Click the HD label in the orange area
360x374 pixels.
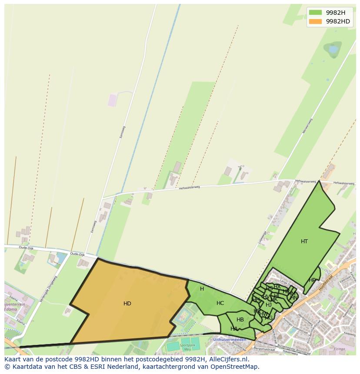(127, 304)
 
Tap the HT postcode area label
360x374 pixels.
(304, 242)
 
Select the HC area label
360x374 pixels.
(220, 303)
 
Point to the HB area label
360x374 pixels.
(240, 320)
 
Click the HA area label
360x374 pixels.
(234, 329)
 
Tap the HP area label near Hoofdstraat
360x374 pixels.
(312, 281)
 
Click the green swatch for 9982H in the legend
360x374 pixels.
(316, 13)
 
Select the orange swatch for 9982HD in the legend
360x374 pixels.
(316, 21)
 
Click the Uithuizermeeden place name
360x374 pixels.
(230, 340)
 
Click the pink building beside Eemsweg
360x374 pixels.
(113, 100)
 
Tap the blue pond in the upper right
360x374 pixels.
(333, 50)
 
